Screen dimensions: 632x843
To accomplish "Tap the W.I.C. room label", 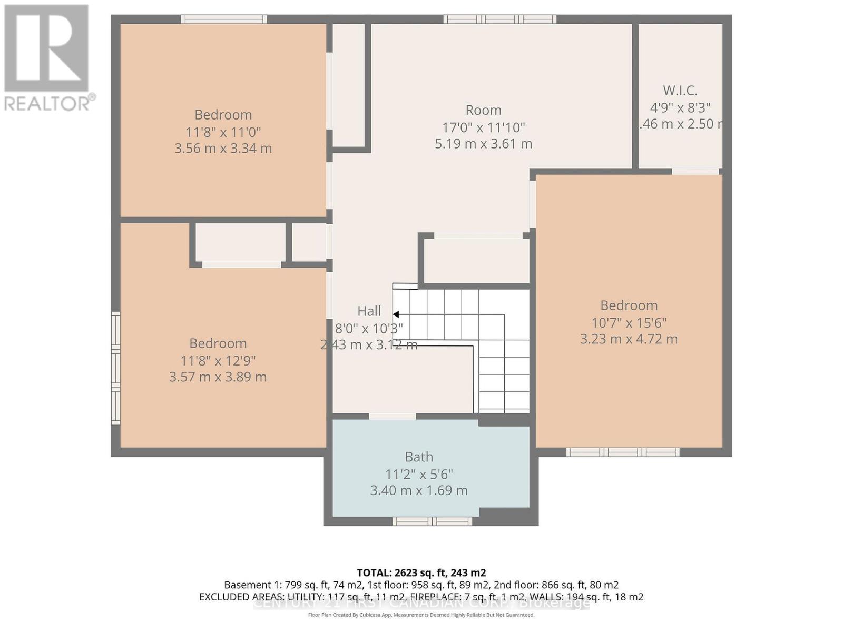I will click(680, 91).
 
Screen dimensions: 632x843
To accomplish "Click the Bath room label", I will click(419, 457).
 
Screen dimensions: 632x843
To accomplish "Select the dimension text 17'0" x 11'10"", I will click(483, 127).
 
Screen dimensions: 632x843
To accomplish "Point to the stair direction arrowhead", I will click(396, 314).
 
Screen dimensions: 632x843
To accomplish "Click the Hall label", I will click(369, 311).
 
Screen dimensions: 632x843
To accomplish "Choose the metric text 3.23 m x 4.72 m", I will click(629, 339).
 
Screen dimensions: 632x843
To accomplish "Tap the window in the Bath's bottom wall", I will click(432, 521).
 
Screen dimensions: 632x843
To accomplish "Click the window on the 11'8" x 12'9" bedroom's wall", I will click(115, 368).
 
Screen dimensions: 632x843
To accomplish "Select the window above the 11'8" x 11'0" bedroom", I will click(224, 19).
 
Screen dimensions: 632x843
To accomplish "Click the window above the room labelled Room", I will click(499, 19).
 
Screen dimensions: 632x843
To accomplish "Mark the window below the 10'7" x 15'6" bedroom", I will click(623, 452).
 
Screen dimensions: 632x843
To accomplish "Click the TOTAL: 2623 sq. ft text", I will click(421, 572).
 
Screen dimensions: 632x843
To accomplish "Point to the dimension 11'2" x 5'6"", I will click(419, 474).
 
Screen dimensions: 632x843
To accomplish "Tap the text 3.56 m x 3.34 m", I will click(223, 149).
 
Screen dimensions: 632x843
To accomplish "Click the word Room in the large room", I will click(483, 110).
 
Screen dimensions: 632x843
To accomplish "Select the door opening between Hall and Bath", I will click(393, 417).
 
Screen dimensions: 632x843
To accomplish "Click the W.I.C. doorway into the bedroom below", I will click(695, 171).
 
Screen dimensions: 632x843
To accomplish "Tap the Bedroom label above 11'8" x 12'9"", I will click(218, 343).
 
